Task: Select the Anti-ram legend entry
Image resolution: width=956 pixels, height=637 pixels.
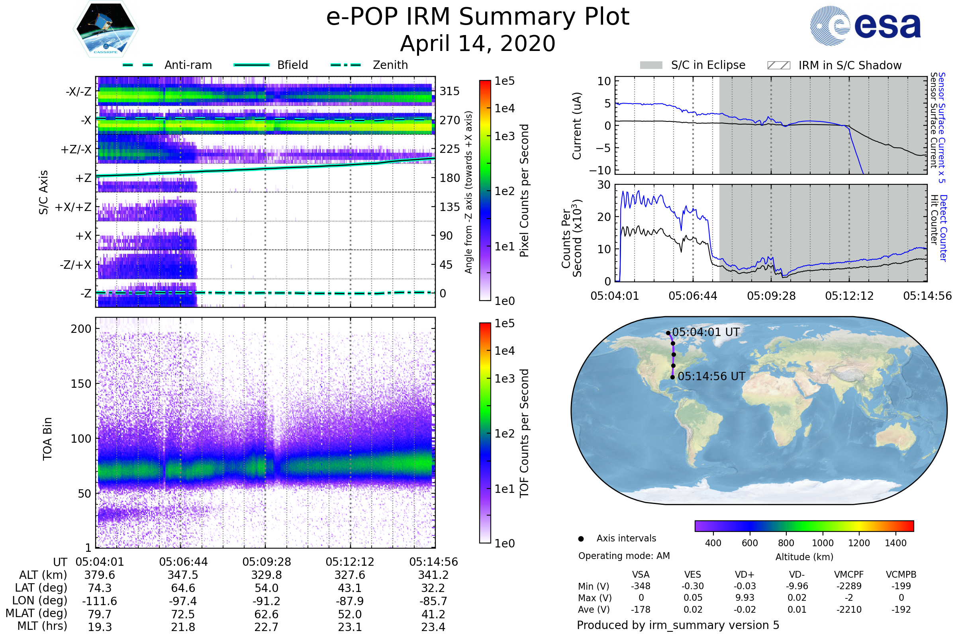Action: pos(188,65)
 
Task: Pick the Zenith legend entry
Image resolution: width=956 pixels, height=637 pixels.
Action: pos(390,65)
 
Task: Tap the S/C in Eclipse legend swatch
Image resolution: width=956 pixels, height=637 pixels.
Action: pos(651,65)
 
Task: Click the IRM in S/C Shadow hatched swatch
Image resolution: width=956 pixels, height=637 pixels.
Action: pos(778,65)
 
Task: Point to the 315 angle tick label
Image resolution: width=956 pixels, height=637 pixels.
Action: pos(450,91)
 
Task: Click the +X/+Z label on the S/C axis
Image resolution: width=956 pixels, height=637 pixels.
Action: pos(73,207)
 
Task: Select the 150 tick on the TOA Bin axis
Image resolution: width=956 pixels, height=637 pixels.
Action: pos(81,383)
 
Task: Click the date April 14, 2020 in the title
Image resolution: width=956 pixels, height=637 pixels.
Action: pos(478,43)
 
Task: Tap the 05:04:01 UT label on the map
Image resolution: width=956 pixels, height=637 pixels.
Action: pos(705,332)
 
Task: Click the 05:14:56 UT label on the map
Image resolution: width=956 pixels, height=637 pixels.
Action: pos(711,376)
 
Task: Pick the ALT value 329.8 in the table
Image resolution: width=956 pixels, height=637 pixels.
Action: pos(266,575)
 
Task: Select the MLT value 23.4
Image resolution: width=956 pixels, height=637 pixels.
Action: pos(433,627)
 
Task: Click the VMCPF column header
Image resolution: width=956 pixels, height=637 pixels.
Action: pos(849,574)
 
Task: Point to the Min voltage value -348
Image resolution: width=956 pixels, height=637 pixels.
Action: pos(641,586)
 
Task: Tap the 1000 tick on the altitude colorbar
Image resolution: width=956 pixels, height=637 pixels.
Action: pos(822,543)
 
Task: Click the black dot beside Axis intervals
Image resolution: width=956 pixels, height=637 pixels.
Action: pos(581,539)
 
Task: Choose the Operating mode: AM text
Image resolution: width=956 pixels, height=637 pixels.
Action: pos(624,556)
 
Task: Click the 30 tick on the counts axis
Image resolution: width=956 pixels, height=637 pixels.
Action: pos(603,185)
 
